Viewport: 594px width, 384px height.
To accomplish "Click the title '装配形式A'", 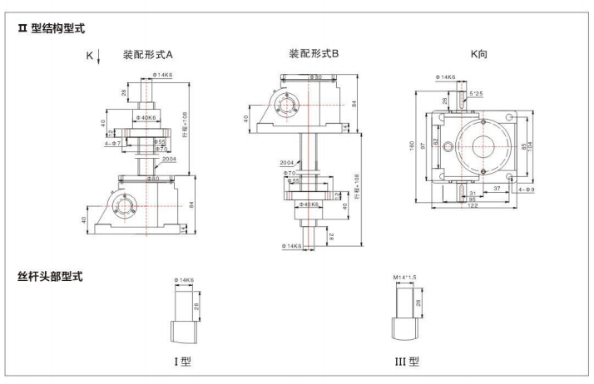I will [147, 56].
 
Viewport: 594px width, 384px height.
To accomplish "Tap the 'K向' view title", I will [478, 54].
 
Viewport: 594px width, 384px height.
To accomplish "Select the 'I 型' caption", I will [184, 362].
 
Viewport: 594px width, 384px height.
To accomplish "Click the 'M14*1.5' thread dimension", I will [403, 278].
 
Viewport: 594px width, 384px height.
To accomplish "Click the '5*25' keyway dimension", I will [476, 94].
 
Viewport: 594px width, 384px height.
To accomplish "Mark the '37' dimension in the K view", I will [496, 190].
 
